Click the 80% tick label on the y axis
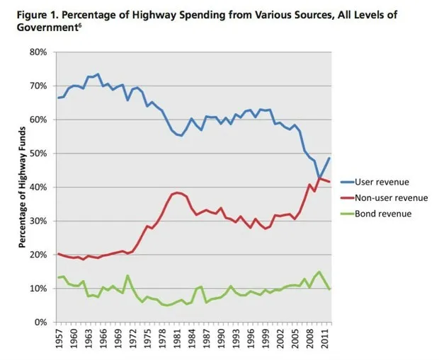click(x=38, y=52)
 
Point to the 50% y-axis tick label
click(x=38, y=153)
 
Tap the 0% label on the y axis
click(x=40, y=322)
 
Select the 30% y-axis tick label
click(x=38, y=221)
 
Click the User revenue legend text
click(x=382, y=182)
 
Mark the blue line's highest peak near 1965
click(x=98, y=74)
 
